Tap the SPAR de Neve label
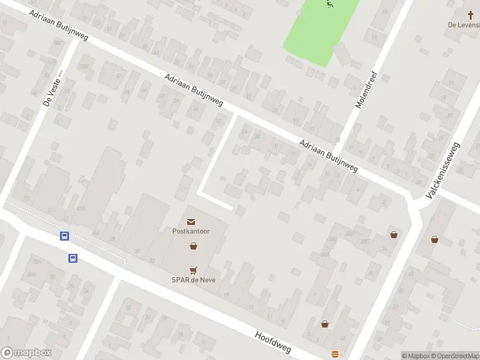pyautogui.click(x=193, y=280)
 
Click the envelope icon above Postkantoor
pyautogui.click(x=191, y=223)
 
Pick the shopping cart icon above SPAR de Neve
pyautogui.click(x=193, y=271)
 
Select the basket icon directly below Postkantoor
pyautogui.click(x=193, y=245)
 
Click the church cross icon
pyautogui.click(x=470, y=16)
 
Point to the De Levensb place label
pyautogui.click(x=464, y=25)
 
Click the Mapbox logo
pyautogui.click(x=26, y=353)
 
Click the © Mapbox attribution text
pyautogui.click(x=415, y=356)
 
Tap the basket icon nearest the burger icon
pyautogui.click(x=325, y=324)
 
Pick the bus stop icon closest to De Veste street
pyautogui.click(x=64, y=236)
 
